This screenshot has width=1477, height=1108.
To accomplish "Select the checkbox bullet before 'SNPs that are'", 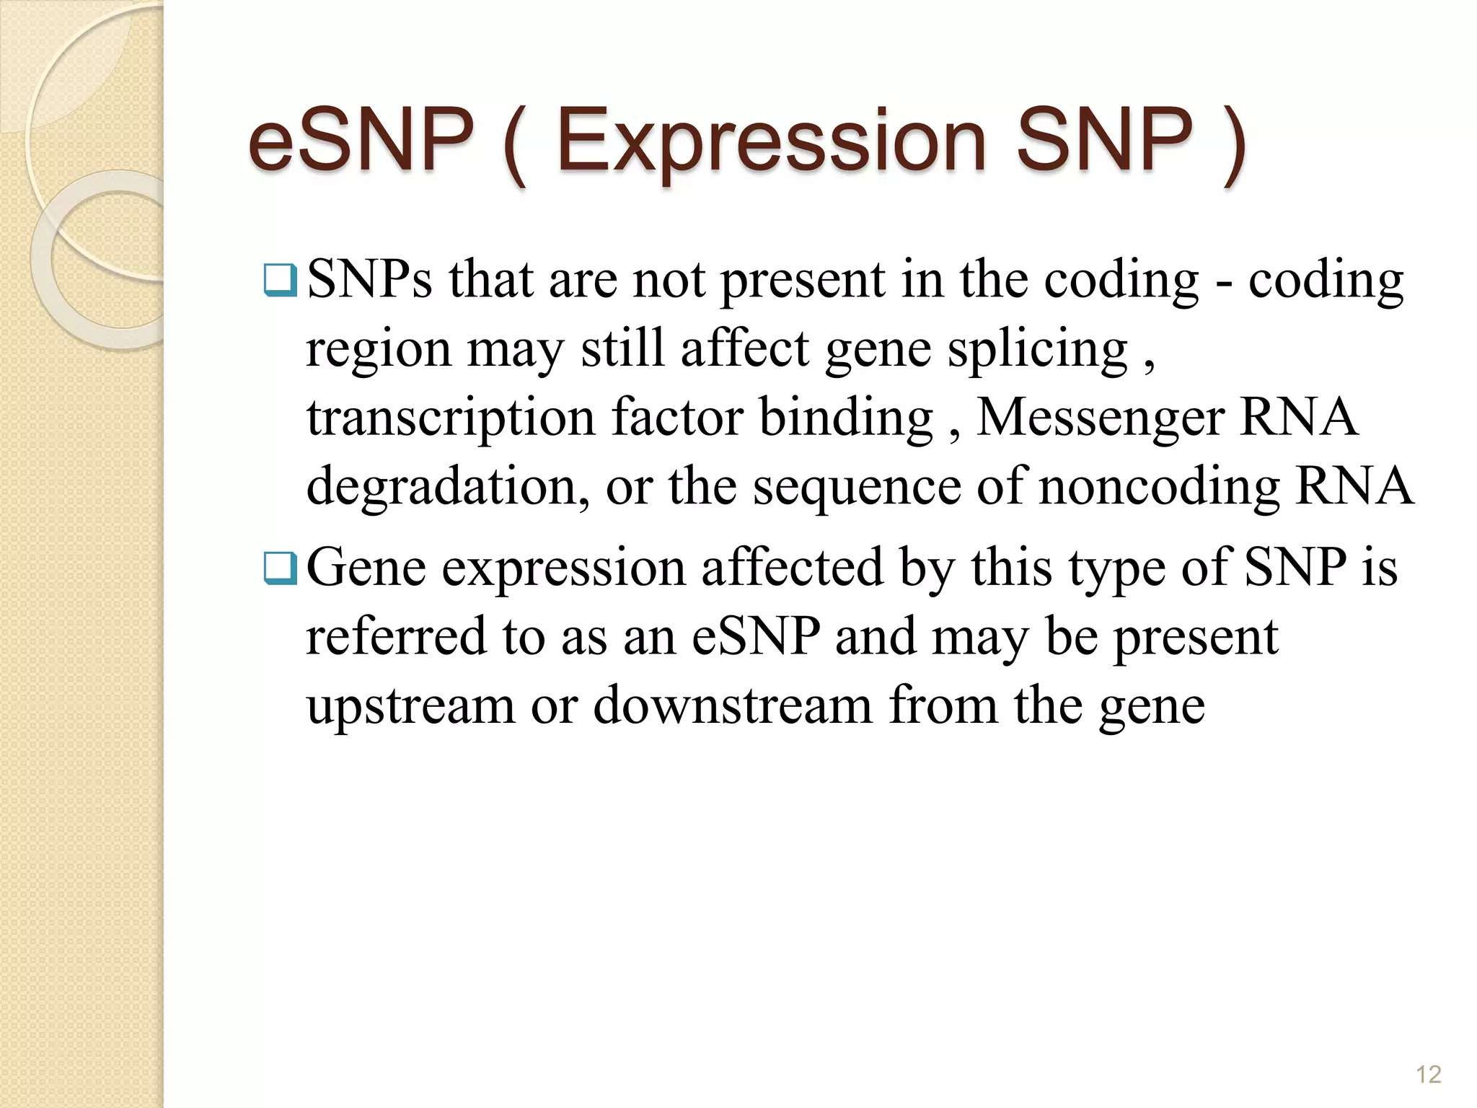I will click(x=281, y=281).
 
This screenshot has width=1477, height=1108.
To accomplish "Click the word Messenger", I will click(x=1099, y=418).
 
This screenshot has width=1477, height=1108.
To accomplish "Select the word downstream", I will click(x=733, y=705).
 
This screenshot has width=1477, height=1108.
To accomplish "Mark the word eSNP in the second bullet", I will click(x=756, y=637).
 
